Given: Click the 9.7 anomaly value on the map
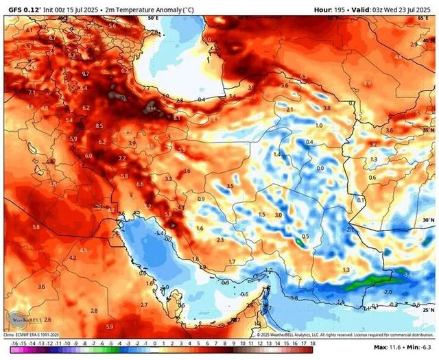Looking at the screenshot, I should [86, 73].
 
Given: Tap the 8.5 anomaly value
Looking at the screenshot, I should [99, 126].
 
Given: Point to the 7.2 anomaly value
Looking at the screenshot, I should [122, 158].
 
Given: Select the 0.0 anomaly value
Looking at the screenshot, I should [320, 168].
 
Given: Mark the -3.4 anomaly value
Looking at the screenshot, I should [407, 274].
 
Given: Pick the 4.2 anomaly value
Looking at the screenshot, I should [73, 258].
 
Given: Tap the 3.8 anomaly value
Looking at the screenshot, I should [327, 108].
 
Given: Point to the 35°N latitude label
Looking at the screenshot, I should [429, 129].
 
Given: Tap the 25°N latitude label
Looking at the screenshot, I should [429, 310].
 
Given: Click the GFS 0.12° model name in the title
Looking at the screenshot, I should [21, 9].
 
